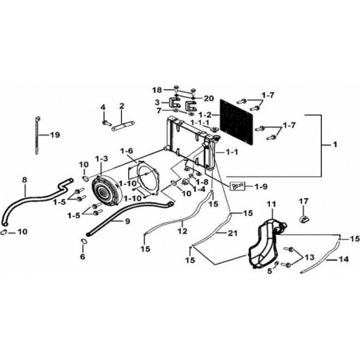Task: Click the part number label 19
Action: (55, 135)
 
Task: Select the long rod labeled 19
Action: (37, 135)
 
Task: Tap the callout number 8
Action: (25, 180)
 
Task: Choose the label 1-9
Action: (260, 186)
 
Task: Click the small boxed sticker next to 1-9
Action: (237, 186)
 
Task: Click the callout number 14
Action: (343, 259)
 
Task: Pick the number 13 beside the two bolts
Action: (309, 257)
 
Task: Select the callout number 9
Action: (127, 221)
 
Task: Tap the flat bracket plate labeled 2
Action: (123, 126)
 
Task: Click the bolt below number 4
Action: (106, 123)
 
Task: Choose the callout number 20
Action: (209, 99)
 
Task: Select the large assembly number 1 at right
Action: (335, 144)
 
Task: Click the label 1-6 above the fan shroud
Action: (127, 151)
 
